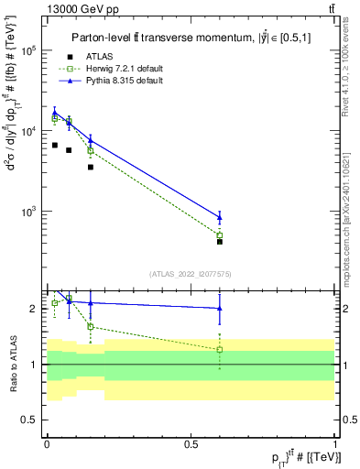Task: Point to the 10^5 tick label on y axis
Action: (30, 51)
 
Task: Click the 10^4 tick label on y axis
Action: (30, 132)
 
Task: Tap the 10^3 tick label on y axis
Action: (30, 212)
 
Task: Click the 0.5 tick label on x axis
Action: (191, 442)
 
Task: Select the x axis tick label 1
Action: (334, 442)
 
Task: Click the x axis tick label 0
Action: (47, 442)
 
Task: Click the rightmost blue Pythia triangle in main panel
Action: (220, 217)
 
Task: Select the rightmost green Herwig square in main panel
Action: (220, 235)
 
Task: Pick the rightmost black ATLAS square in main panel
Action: (220, 242)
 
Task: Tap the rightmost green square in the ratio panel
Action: (220, 349)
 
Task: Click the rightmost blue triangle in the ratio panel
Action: (220, 309)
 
